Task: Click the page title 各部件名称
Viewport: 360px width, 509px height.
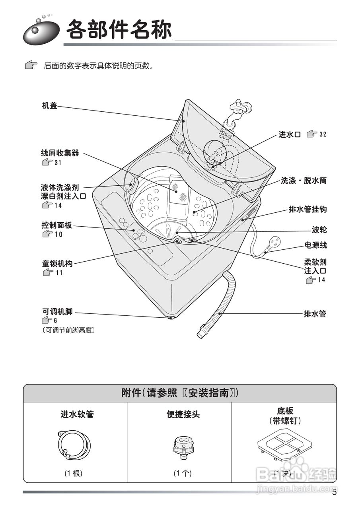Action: (119, 29)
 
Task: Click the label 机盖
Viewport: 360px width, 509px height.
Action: (50, 106)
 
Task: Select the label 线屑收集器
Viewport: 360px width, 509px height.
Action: (60, 153)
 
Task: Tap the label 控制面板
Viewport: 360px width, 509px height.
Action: (57, 225)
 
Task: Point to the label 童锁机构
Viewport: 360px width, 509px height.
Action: (57, 263)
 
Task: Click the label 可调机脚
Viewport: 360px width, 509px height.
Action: (57, 311)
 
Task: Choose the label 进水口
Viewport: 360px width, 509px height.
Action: (289, 135)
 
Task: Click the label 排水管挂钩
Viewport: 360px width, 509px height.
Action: (307, 210)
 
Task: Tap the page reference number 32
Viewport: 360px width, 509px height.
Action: (322, 135)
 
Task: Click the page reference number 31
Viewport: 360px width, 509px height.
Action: (58, 163)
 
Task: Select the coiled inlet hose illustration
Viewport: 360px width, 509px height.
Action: (74, 445)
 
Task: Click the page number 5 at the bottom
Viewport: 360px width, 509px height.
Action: (334, 492)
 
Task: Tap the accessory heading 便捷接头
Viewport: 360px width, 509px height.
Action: (183, 415)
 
